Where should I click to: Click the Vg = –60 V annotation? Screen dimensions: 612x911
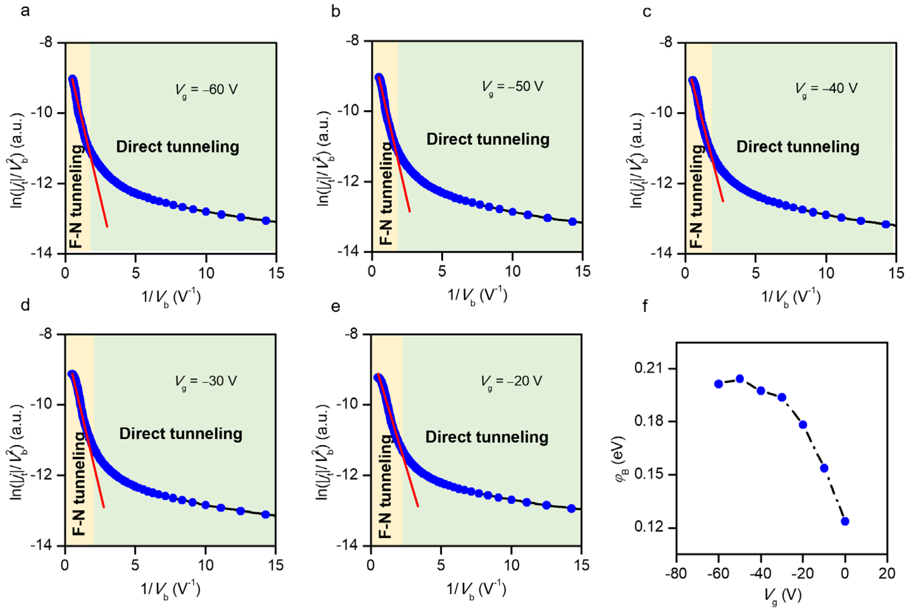(x=206, y=90)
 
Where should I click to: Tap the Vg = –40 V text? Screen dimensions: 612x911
(x=826, y=89)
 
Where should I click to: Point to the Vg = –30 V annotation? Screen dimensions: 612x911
(x=206, y=381)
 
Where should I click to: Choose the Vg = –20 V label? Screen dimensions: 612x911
(x=511, y=381)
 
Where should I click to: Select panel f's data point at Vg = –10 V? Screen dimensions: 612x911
(x=824, y=468)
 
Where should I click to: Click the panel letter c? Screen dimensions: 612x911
(x=647, y=12)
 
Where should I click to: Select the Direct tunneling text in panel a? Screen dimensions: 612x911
(x=177, y=147)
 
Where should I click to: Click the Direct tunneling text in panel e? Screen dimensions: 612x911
(x=486, y=437)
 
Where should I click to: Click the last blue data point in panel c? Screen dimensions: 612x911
(x=886, y=224)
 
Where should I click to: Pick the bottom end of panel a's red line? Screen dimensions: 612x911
(x=107, y=226)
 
